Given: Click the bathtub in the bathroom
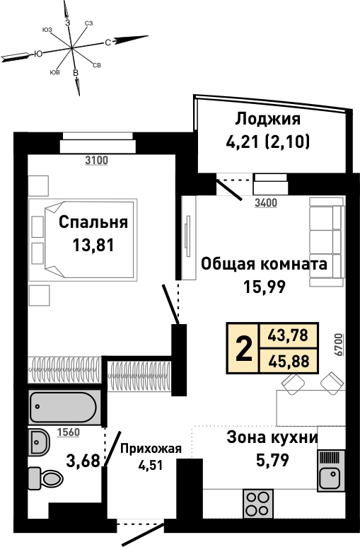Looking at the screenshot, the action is point(63,407).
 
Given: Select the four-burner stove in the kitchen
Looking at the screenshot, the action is point(258,503).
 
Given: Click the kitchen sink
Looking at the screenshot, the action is point(331,471).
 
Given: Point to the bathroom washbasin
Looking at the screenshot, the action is point(39,442).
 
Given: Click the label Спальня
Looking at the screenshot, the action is point(93,222).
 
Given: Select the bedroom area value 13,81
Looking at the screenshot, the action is point(93,246).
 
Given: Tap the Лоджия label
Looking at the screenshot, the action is point(267,119).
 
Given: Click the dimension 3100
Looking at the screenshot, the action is point(97,161).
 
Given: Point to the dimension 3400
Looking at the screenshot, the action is point(266,202).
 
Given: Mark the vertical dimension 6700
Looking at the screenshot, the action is point(338,345).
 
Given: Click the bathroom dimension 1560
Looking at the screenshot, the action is point(69,432).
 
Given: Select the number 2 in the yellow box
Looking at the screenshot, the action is point(244,347).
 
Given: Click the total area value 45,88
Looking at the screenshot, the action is point(289,362).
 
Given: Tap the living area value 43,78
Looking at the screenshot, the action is point(288,335).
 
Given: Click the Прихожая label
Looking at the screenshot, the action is point(151,449).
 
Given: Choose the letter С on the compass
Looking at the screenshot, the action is point(108,42).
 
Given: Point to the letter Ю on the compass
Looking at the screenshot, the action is point(38,54).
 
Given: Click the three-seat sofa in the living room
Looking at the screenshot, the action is point(327,242).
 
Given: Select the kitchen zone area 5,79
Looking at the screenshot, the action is point(272,460).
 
